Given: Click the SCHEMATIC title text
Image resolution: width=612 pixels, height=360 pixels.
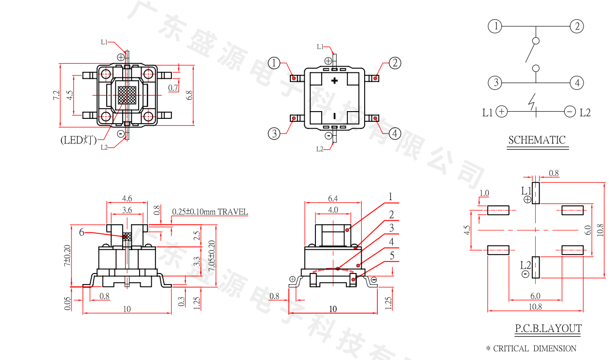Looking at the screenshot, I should (x=536, y=140).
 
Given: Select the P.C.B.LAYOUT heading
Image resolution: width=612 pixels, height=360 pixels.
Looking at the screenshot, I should (x=548, y=329).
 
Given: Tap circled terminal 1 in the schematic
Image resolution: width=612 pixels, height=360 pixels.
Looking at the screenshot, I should (x=495, y=26).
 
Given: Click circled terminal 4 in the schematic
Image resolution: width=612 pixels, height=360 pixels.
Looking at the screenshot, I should (x=576, y=83).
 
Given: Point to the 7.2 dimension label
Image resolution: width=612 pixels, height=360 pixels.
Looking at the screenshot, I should (x=56, y=95).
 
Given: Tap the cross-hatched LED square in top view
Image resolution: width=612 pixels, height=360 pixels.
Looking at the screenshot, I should (x=127, y=95).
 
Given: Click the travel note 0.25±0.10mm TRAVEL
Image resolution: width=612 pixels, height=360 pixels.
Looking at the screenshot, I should (x=210, y=212).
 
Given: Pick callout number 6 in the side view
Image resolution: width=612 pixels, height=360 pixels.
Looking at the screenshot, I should (x=82, y=232).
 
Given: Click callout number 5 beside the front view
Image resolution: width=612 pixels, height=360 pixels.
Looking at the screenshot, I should (x=392, y=255).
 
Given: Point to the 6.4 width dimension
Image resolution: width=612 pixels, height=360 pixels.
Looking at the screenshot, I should (x=333, y=198).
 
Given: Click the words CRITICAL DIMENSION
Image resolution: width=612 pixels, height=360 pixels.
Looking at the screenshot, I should (x=535, y=348).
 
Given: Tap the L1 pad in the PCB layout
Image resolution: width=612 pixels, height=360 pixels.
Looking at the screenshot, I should (x=536, y=193).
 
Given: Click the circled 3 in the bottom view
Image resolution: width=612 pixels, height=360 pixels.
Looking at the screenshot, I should (x=274, y=133).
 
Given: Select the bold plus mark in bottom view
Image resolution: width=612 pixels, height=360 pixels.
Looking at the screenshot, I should (x=334, y=81).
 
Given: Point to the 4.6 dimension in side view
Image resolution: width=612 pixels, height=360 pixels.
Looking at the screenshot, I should (x=127, y=198).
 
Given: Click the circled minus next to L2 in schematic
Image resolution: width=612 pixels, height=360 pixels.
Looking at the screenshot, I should (x=570, y=112).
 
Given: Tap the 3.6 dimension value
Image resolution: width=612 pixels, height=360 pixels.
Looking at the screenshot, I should (x=127, y=210).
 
